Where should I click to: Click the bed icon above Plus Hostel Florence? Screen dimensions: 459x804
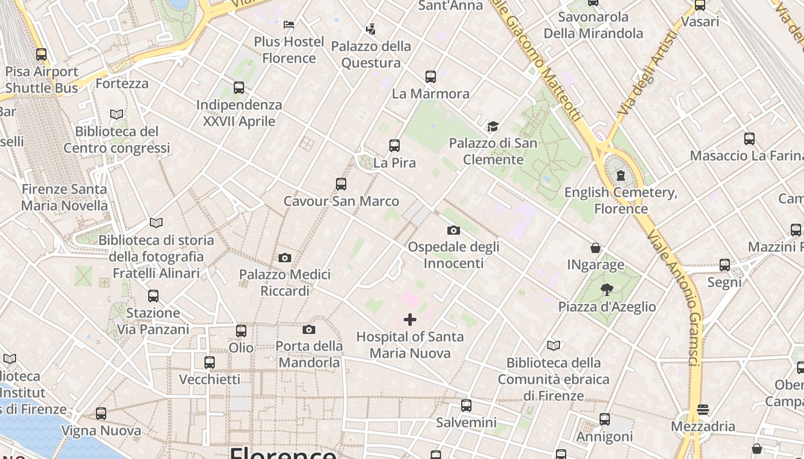coord(289,25)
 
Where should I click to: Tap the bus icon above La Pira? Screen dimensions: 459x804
coord(394,146)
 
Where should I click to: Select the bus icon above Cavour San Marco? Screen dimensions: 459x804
coord(341,184)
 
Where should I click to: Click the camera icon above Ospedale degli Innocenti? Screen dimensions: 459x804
coord(453,230)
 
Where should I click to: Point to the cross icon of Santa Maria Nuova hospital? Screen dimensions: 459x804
coord(410,320)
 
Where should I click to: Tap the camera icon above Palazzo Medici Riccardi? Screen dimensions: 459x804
coord(284,258)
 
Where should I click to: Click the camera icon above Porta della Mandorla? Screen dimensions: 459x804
coord(309,329)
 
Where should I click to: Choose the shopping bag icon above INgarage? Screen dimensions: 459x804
coord(596,248)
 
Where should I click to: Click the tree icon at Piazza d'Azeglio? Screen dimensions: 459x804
coord(606,290)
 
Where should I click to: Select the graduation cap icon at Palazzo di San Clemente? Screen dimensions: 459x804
coord(493,126)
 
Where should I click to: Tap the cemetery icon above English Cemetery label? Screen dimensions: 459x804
coord(620,176)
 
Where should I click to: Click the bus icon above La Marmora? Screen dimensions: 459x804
coord(430,76)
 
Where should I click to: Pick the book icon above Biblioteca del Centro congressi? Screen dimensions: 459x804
coord(117,114)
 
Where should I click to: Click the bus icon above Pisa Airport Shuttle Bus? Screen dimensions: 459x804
coord(41,55)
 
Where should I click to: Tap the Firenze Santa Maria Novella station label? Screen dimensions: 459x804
coord(64,197)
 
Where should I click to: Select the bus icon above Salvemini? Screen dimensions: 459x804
coord(466,406)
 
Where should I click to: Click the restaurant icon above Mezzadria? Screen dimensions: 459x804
coord(703,410)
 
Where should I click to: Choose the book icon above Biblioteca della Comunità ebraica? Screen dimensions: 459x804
coord(554,345)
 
